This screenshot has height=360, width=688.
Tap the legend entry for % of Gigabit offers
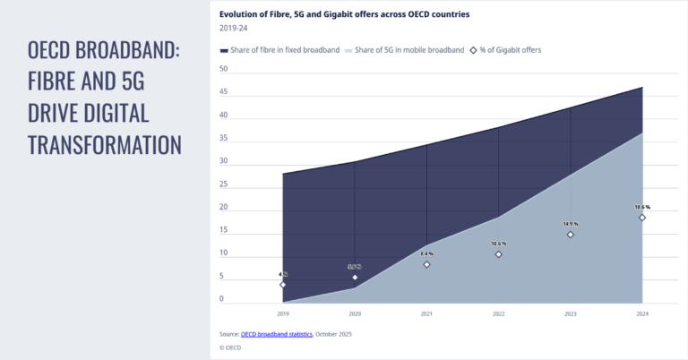pyautogui.click(x=508, y=49)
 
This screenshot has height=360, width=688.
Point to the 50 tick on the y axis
pyautogui.click(x=223, y=69)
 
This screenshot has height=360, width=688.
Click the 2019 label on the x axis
pyautogui.click(x=283, y=314)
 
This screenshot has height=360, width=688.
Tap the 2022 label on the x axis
pyautogui.click(x=499, y=314)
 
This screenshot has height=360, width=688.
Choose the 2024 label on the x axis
pyautogui.click(x=642, y=314)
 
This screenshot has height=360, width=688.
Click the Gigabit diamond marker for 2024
pyautogui.click(x=642, y=218)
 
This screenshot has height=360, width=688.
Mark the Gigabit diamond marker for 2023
pyautogui.click(x=571, y=235)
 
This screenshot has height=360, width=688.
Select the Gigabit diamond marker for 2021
pyautogui.click(x=426, y=264)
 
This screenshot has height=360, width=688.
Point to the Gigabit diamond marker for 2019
pyautogui.click(x=283, y=285)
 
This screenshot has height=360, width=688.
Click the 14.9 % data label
pyautogui.click(x=571, y=224)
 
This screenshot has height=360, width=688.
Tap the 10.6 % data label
pyautogui.click(x=499, y=244)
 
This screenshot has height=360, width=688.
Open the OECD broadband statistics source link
pyautogui.click(x=277, y=334)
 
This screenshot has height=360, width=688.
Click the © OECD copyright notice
pyautogui.click(x=230, y=347)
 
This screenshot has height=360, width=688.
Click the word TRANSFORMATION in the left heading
pyautogui.click(x=105, y=144)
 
